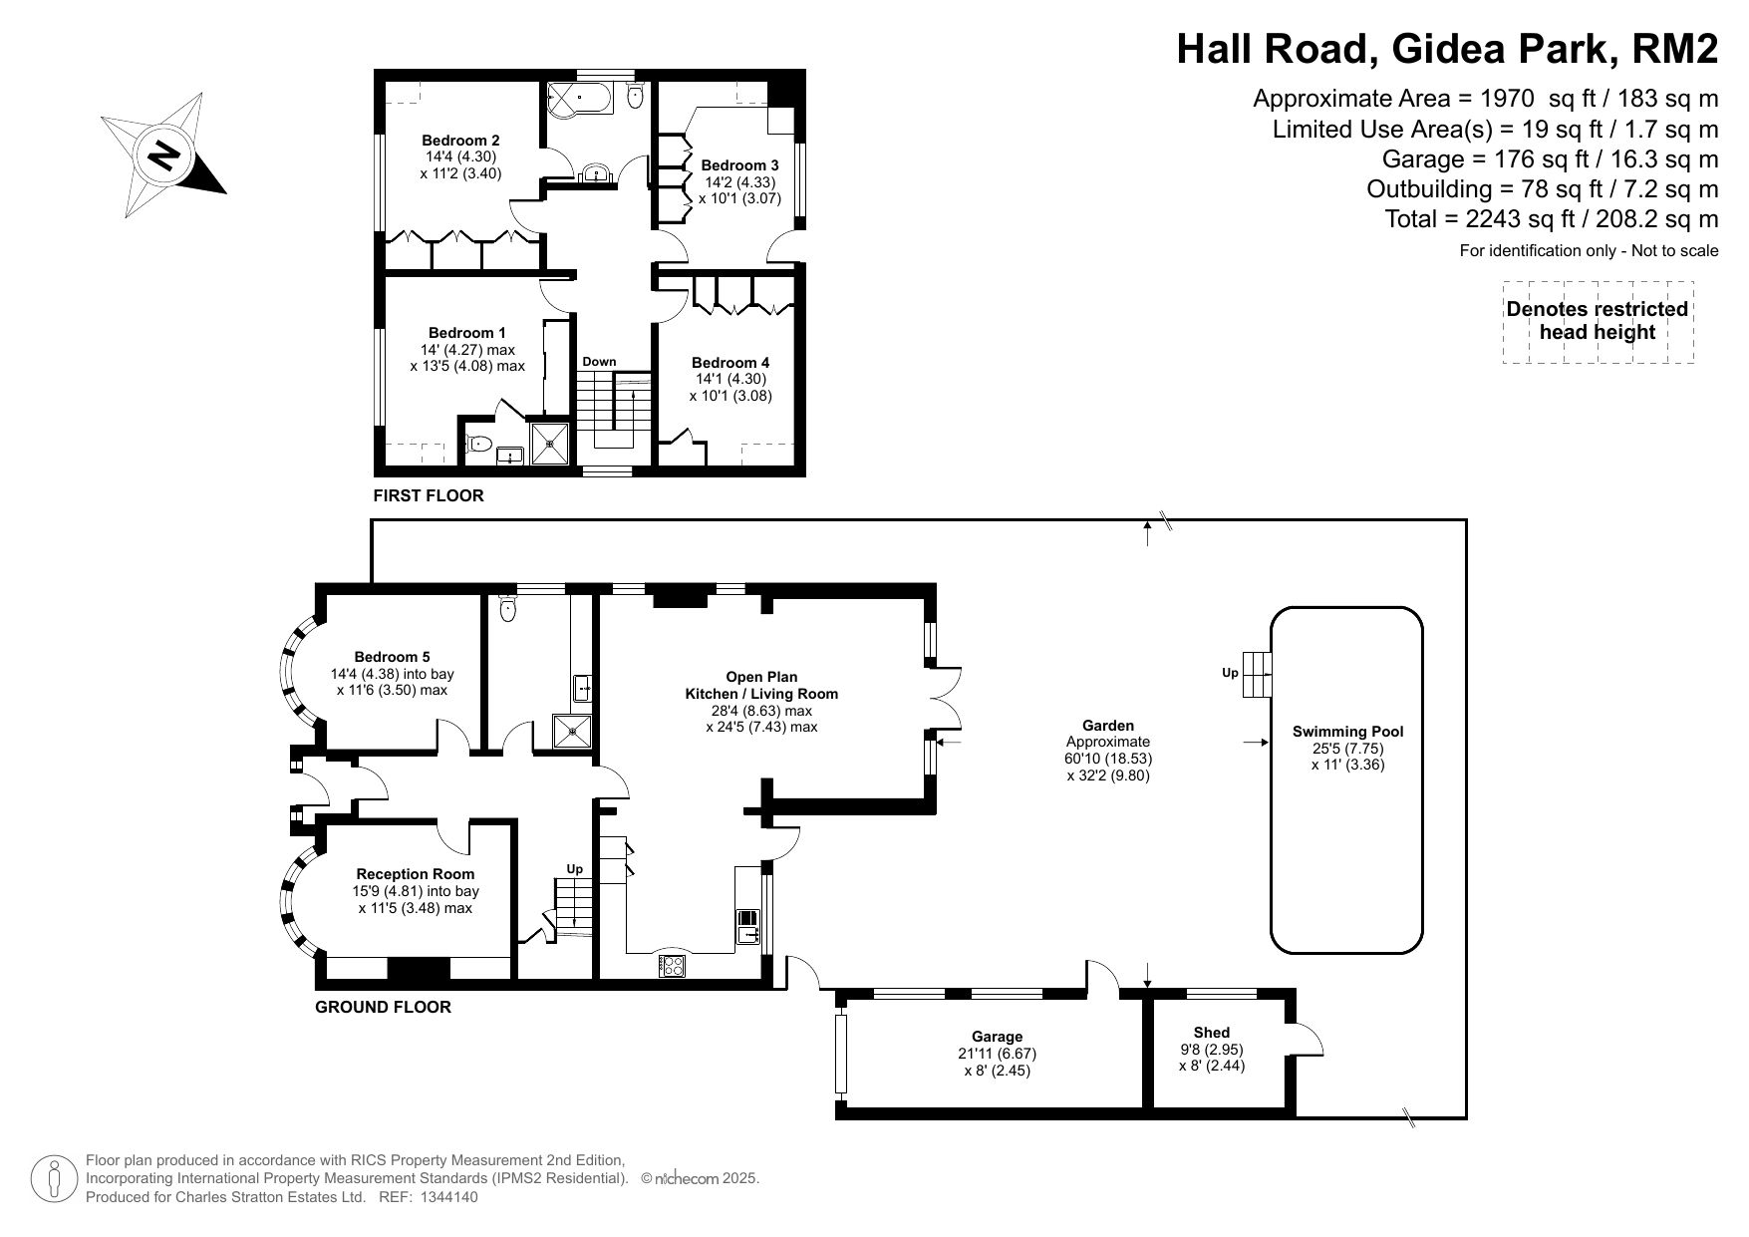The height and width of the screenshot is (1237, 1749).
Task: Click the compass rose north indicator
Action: pyautogui.click(x=163, y=155)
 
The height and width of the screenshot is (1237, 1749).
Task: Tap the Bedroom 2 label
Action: pyautogui.click(x=460, y=141)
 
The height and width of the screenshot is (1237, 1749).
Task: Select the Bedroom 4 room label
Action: pyautogui.click(x=730, y=363)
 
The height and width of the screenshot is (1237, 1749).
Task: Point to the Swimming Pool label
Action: pyautogui.click(x=1347, y=732)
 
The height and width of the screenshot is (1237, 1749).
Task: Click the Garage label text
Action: pyautogui.click(x=997, y=1037)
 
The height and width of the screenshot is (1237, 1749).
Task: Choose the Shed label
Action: pyautogui.click(x=1211, y=1033)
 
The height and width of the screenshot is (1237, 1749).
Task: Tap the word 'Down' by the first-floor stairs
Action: pyautogui.click(x=599, y=362)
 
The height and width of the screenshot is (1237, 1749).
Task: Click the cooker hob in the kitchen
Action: pyautogui.click(x=672, y=965)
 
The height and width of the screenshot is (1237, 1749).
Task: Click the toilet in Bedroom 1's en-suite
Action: pyautogui.click(x=479, y=445)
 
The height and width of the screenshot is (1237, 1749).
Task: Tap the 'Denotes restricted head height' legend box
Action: pyautogui.click(x=1598, y=322)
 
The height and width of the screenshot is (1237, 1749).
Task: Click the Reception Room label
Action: pyautogui.click(x=416, y=874)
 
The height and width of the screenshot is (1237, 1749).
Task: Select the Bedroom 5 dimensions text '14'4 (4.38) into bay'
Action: pyautogui.click(x=392, y=674)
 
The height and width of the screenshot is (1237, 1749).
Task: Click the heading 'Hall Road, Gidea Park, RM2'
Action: pyautogui.click(x=1447, y=48)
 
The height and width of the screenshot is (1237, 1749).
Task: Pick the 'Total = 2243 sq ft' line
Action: pyautogui.click(x=1552, y=218)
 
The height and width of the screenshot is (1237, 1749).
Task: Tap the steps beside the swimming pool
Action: pyautogui.click(x=1258, y=675)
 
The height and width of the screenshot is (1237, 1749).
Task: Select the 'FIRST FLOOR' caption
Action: pyautogui.click(x=429, y=495)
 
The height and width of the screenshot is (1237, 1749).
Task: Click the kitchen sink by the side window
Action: pyautogui.click(x=747, y=927)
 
